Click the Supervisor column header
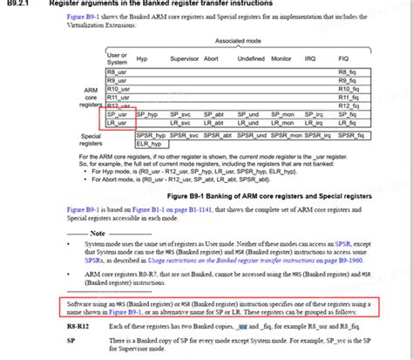[x=185, y=58]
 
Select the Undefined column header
[x=250, y=58]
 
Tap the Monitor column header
[x=282, y=58]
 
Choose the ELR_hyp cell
[x=147, y=144]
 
